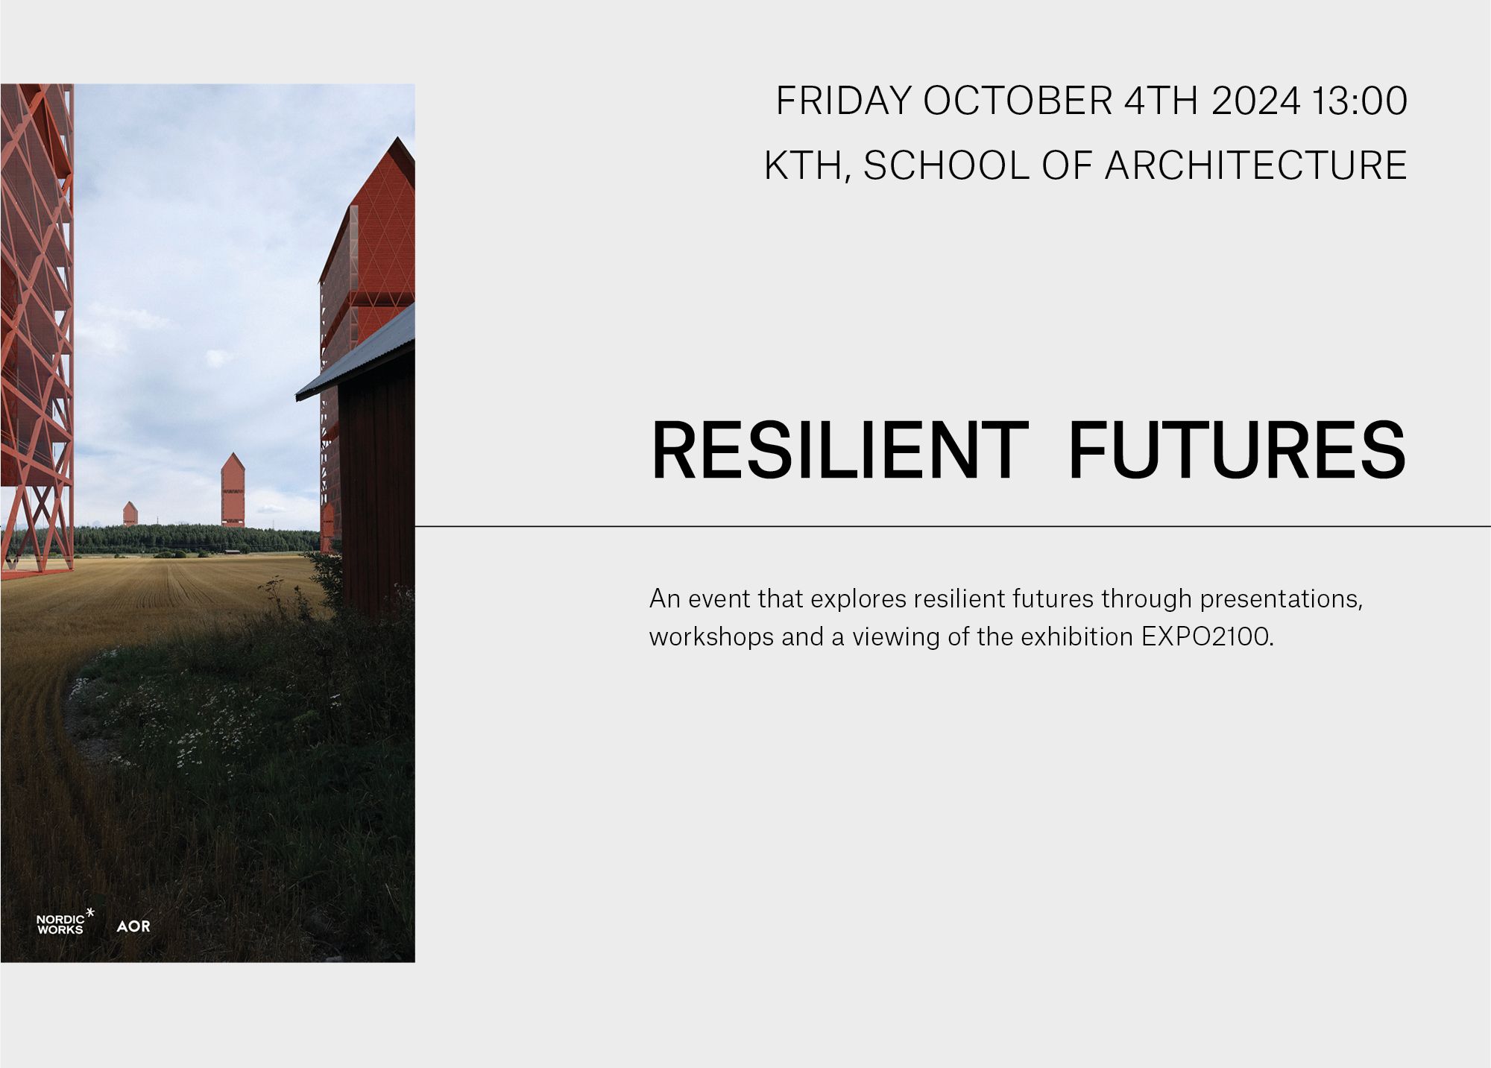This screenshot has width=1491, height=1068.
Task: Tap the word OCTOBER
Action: (x=1018, y=101)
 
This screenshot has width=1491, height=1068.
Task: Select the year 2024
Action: (x=1255, y=101)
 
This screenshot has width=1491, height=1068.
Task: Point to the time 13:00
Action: (x=1359, y=101)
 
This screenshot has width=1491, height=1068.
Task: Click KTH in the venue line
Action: (x=802, y=165)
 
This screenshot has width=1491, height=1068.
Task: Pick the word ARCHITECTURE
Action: (x=1255, y=165)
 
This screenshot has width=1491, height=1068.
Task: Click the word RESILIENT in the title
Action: (x=839, y=451)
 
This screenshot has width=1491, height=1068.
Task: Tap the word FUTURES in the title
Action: (x=1237, y=451)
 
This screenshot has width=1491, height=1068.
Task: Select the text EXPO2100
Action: (x=1205, y=637)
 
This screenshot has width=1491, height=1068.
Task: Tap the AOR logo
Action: (x=133, y=926)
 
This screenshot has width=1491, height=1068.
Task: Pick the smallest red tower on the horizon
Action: (x=130, y=514)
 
